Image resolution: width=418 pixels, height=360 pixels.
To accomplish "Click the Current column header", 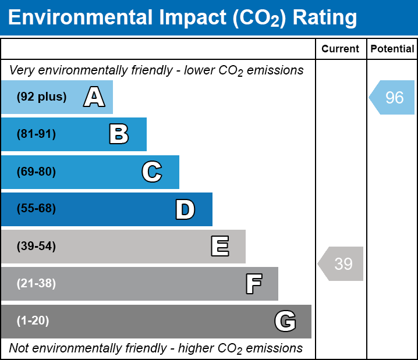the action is click(340, 49).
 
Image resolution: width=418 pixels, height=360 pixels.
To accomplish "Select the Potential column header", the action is click(392, 49).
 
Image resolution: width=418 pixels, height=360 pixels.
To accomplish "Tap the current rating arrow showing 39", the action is click(341, 263).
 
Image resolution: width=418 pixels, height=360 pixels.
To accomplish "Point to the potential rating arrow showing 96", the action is click(392, 98).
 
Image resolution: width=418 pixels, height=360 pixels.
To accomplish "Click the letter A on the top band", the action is click(94, 97).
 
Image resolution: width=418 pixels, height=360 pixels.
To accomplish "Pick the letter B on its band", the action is click(119, 134).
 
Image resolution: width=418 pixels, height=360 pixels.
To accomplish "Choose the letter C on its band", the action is click(152, 172).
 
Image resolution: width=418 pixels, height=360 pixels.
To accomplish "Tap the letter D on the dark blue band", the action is click(185, 209).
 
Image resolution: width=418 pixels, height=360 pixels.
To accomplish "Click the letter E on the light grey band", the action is click(220, 246).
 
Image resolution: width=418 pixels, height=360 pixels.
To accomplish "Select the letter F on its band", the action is click(254, 284).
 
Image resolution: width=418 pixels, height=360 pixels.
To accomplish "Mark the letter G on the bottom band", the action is click(285, 321).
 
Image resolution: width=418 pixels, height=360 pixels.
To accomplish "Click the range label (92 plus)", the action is click(41, 97).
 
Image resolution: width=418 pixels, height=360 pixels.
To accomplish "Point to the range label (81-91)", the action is click(36, 134).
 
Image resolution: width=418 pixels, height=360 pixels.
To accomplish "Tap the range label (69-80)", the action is click(36, 172).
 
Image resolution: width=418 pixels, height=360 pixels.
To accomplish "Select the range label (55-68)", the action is click(36, 208).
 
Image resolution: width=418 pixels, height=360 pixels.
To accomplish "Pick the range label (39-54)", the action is click(36, 247).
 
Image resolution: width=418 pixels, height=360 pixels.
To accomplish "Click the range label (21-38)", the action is click(36, 283).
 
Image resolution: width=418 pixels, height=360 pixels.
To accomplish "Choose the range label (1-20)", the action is click(33, 320).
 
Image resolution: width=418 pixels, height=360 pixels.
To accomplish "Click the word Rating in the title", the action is click(325, 18).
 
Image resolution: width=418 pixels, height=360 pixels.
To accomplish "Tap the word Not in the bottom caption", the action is click(19, 348).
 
